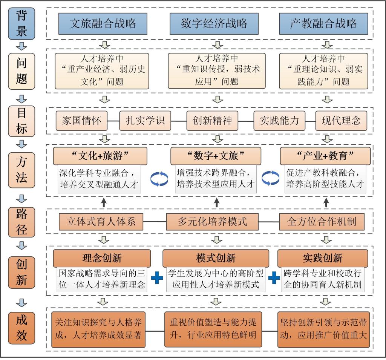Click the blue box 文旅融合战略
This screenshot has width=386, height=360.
pos(103,23)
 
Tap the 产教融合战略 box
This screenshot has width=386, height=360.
pos(324,23)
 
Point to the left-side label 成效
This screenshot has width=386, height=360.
pos(21,328)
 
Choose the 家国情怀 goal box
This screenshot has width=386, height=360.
pos(81,120)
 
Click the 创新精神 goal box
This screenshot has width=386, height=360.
pos(213,120)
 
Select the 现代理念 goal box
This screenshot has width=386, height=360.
pos(341,120)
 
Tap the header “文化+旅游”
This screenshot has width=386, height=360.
pos(100,156)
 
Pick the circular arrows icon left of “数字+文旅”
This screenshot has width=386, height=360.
pos(159,179)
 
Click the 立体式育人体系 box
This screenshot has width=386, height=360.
pos(101,221)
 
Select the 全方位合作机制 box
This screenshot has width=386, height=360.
pos(322,221)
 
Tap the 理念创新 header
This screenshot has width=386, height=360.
pos(102,258)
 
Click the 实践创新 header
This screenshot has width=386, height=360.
pos(323,258)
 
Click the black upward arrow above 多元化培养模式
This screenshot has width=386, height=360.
pos(216,202)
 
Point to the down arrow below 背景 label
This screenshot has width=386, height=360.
pos(22,46)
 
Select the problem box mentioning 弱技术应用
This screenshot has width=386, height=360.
pos(216,70)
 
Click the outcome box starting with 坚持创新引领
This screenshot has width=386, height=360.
pos(323,329)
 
